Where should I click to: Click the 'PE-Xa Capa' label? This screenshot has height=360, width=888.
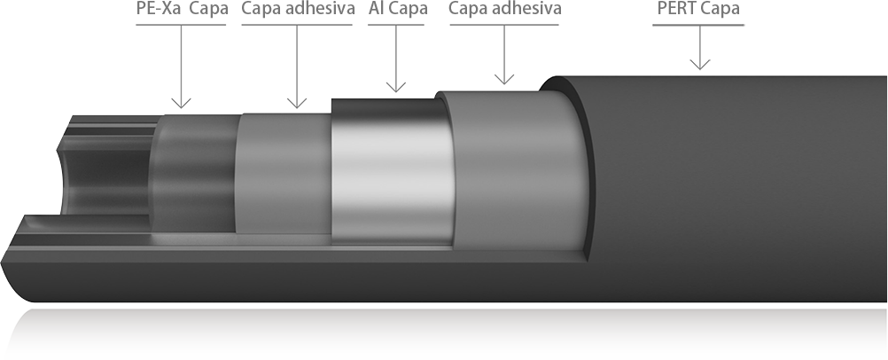183,10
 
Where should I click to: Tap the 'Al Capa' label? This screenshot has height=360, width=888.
398,10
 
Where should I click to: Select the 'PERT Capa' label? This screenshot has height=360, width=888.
698,9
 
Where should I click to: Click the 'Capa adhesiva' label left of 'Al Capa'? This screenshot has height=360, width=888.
298,10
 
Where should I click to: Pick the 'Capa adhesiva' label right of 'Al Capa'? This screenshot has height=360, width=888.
504,10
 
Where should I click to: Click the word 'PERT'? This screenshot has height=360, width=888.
678,9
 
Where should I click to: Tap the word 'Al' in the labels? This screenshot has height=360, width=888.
376,10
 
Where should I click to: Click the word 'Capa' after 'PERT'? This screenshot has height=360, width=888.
721,9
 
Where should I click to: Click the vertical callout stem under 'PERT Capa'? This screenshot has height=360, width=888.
700,48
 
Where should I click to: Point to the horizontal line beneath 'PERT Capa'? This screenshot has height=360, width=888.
698,25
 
